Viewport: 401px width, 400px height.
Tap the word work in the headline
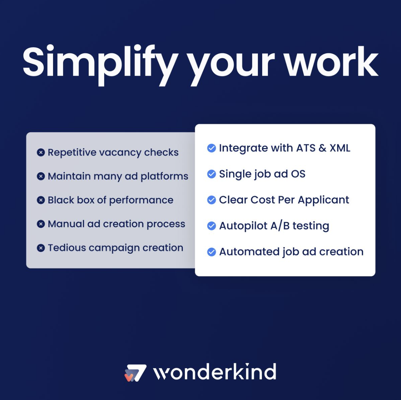pyautogui.click(x=331, y=62)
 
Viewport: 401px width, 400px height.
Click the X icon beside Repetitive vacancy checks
pyautogui.click(x=41, y=152)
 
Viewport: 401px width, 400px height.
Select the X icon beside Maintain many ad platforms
pyautogui.click(x=41, y=176)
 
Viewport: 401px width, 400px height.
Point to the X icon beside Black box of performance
pyautogui.click(x=41, y=200)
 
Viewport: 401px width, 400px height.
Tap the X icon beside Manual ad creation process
pyautogui.click(x=41, y=224)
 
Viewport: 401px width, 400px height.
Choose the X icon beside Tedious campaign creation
pyautogui.click(x=41, y=248)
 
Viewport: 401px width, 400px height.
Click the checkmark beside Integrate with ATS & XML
pyautogui.click(x=211, y=148)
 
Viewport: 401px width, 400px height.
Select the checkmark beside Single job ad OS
pyautogui.click(x=211, y=174)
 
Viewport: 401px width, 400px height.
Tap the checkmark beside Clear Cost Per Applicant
pyautogui.click(x=211, y=200)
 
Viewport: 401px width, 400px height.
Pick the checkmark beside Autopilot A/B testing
pyautogui.click(x=211, y=226)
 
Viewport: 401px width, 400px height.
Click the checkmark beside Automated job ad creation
pyautogui.click(x=211, y=252)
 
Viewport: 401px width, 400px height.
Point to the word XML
pyautogui.click(x=340, y=148)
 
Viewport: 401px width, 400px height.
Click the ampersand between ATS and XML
pyautogui.click(x=322, y=148)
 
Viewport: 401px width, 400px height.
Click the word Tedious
pyautogui.click(x=67, y=248)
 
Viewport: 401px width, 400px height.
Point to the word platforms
pyautogui.click(x=164, y=177)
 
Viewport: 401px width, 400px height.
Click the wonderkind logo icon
pyautogui.click(x=135, y=373)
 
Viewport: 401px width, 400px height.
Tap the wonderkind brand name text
pyautogui.click(x=215, y=372)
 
